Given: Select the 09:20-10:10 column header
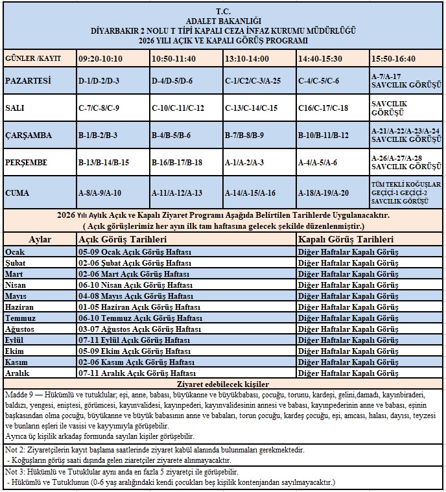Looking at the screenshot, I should click(x=100, y=58).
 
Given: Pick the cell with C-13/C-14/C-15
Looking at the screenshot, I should click(x=251, y=108).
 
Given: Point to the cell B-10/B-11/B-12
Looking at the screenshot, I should click(x=323, y=135).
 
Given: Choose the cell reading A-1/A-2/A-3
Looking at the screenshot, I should click(x=246, y=162).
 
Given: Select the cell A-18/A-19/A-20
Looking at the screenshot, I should click(x=323, y=193).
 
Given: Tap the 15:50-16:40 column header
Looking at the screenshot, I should click(x=393, y=58).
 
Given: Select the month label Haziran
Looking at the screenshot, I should click(x=19, y=307).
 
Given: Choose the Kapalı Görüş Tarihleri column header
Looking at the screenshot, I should click(x=347, y=240).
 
